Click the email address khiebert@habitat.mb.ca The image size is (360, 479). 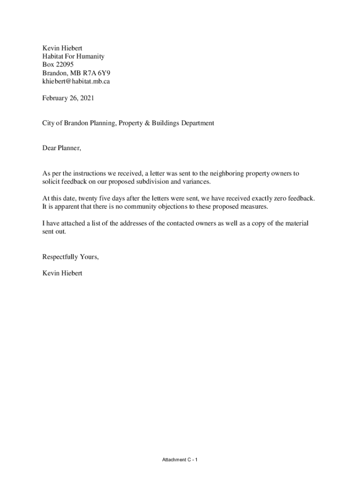pos(76,81)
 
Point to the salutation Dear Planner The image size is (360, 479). pos(62,148)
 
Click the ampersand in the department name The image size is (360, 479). pos(153,123)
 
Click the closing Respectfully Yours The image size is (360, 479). pos(71,257)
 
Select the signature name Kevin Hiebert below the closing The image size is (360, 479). pos(62,273)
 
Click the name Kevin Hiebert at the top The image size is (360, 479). pos(62,48)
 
